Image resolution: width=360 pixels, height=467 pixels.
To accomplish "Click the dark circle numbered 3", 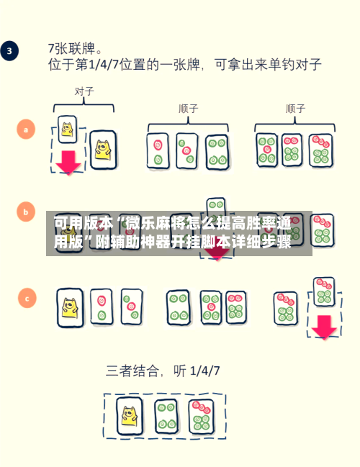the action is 9,50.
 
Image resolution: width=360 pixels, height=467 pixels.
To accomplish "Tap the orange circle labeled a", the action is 26,130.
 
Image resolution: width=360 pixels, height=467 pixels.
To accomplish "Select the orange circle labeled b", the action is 26,212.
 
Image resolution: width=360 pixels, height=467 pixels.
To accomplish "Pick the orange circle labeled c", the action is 27,298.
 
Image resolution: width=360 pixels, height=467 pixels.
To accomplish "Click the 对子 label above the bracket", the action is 84,91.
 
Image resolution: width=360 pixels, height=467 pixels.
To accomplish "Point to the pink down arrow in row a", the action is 68,163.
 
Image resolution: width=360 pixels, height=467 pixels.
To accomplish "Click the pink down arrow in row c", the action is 324,327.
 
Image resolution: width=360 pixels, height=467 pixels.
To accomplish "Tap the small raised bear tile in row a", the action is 68,130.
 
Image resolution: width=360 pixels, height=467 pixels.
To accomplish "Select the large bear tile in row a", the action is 103,150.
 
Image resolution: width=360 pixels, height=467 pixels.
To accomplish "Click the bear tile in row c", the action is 70,308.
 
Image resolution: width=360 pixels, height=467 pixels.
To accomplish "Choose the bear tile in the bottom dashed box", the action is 130,416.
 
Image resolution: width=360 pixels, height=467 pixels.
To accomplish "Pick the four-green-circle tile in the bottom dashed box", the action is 166,416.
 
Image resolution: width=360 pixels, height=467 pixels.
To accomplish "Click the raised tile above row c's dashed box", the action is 324,291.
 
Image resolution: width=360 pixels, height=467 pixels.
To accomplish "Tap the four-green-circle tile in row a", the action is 217,152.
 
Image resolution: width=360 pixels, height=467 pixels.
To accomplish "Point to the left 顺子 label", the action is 189,109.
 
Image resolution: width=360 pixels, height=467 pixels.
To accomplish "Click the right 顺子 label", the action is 295,109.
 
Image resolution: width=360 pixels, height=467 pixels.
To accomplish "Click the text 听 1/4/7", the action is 197,371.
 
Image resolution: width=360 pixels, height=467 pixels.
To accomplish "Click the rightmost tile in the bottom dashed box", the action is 201,417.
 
